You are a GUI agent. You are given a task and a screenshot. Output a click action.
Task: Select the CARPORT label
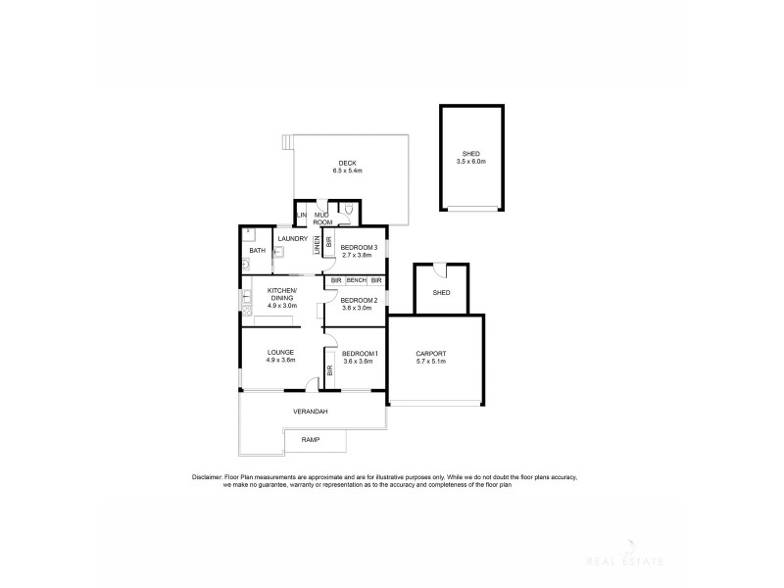click(431, 354)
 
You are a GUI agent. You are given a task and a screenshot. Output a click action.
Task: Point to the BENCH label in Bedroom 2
click(356, 281)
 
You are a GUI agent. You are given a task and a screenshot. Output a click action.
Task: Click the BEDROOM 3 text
click(359, 247)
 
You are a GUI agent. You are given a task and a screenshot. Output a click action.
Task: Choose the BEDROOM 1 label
click(360, 353)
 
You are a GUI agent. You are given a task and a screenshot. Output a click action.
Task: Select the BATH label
click(257, 251)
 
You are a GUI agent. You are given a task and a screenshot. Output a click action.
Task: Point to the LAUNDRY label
click(293, 238)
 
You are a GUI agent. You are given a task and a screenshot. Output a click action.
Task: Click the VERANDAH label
click(310, 412)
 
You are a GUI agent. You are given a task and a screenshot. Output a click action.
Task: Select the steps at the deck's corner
click(286, 143)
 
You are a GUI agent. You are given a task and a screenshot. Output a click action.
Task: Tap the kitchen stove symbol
click(245, 311)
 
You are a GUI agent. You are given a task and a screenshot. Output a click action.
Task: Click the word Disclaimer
click(212, 477)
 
